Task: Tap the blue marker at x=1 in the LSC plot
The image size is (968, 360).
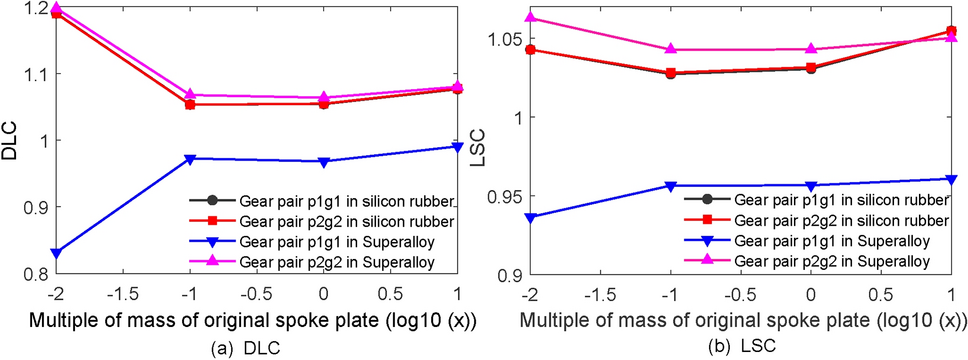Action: [x=949, y=179]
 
